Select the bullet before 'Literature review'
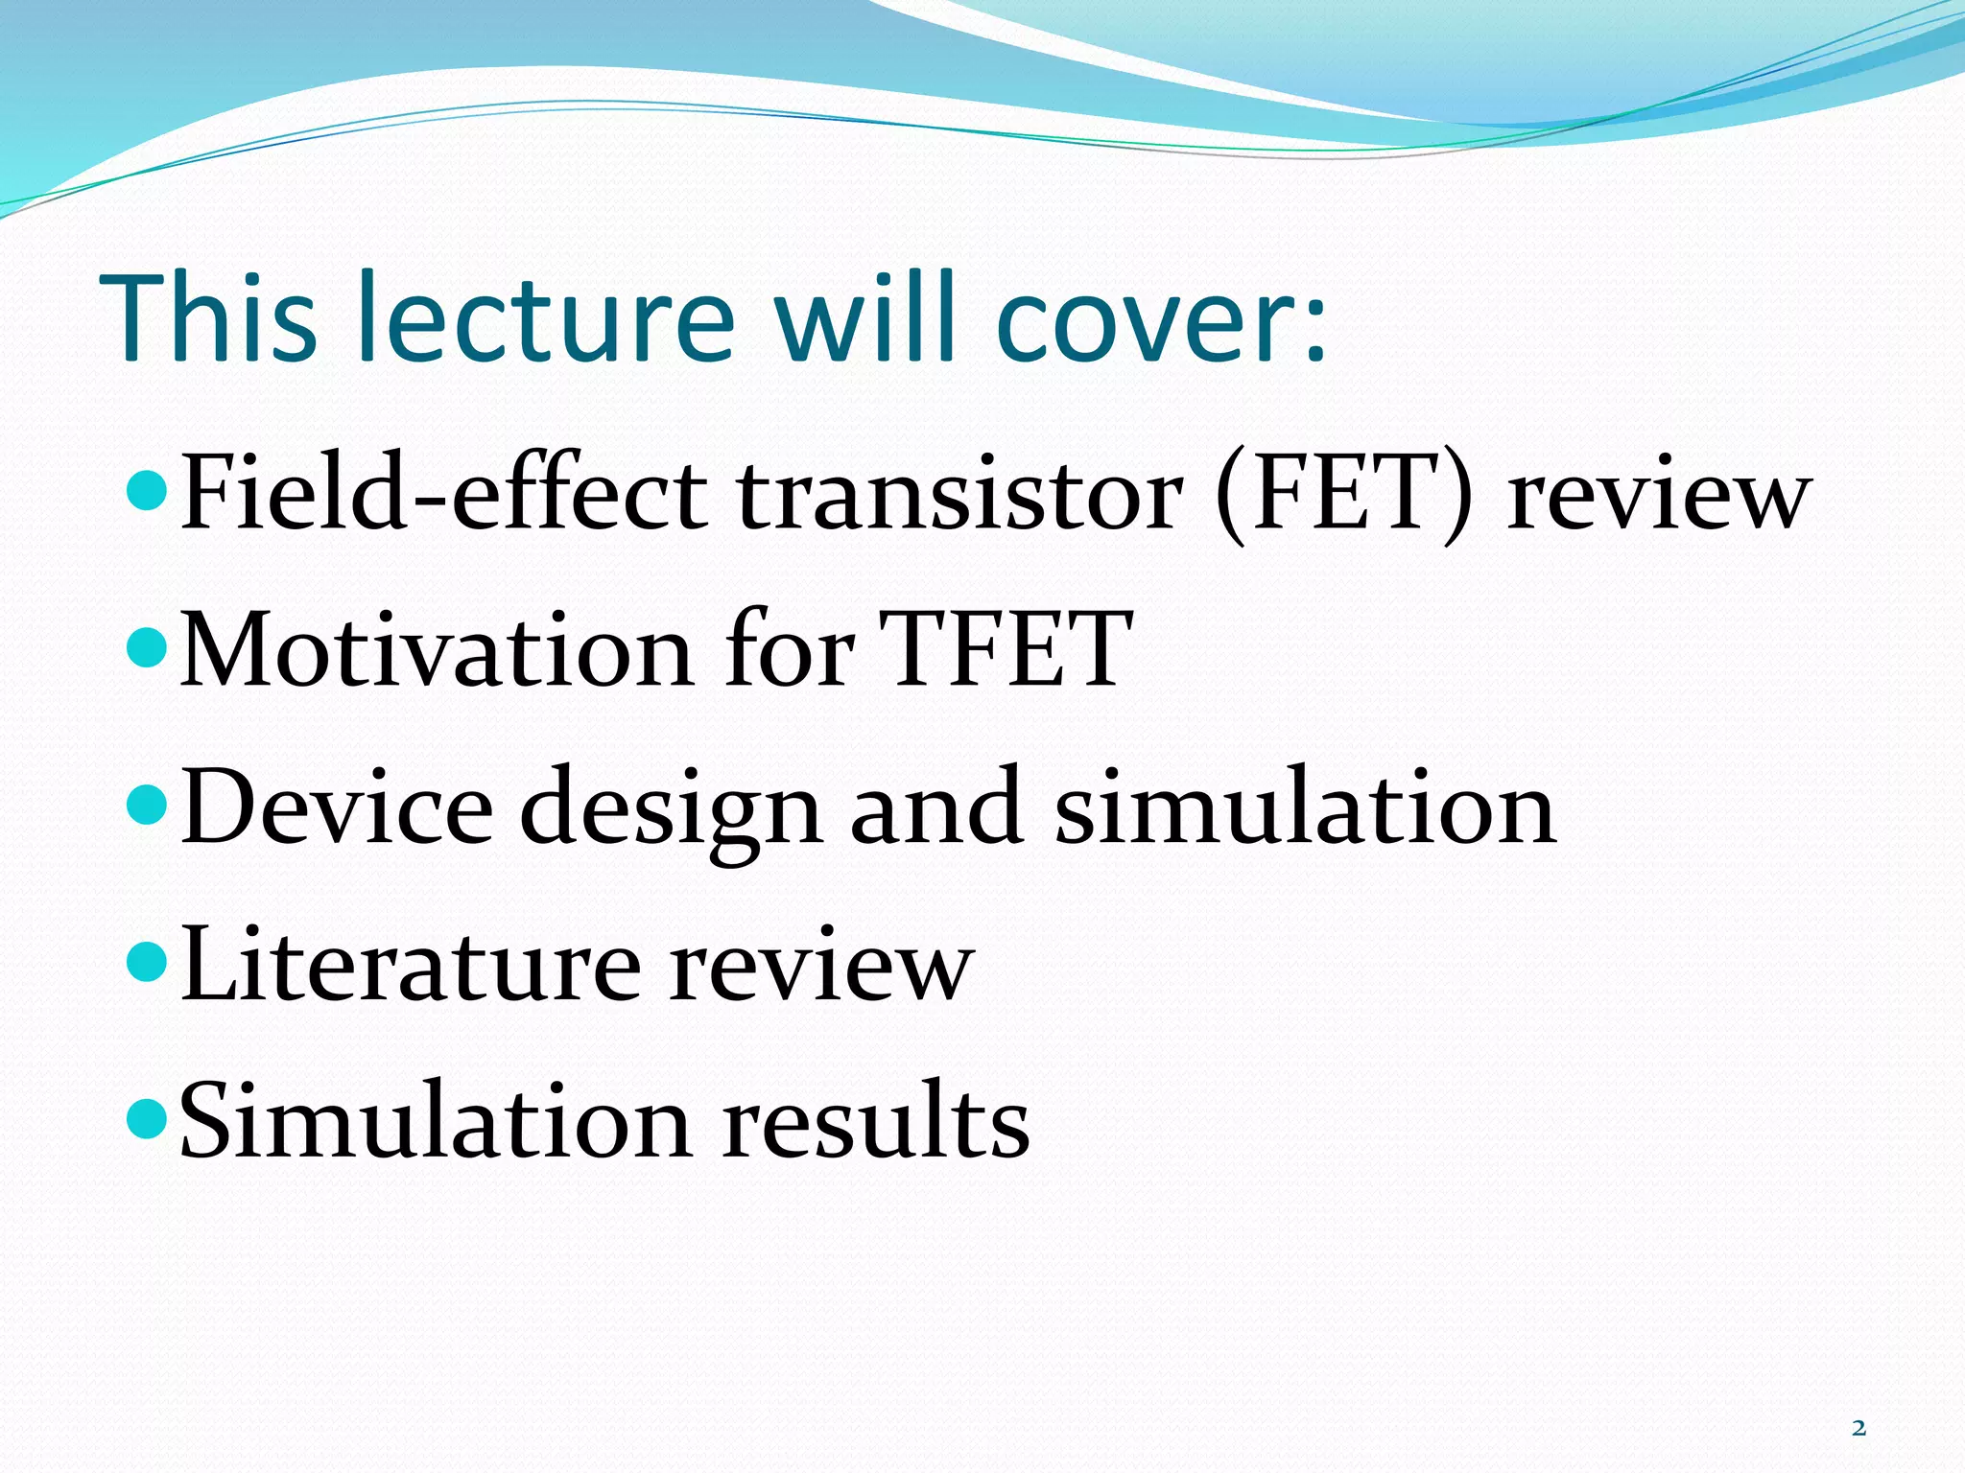(148, 963)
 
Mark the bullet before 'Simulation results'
(148, 1118)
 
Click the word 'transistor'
(959, 495)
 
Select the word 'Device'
(336, 807)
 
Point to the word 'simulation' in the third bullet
(1305, 807)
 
